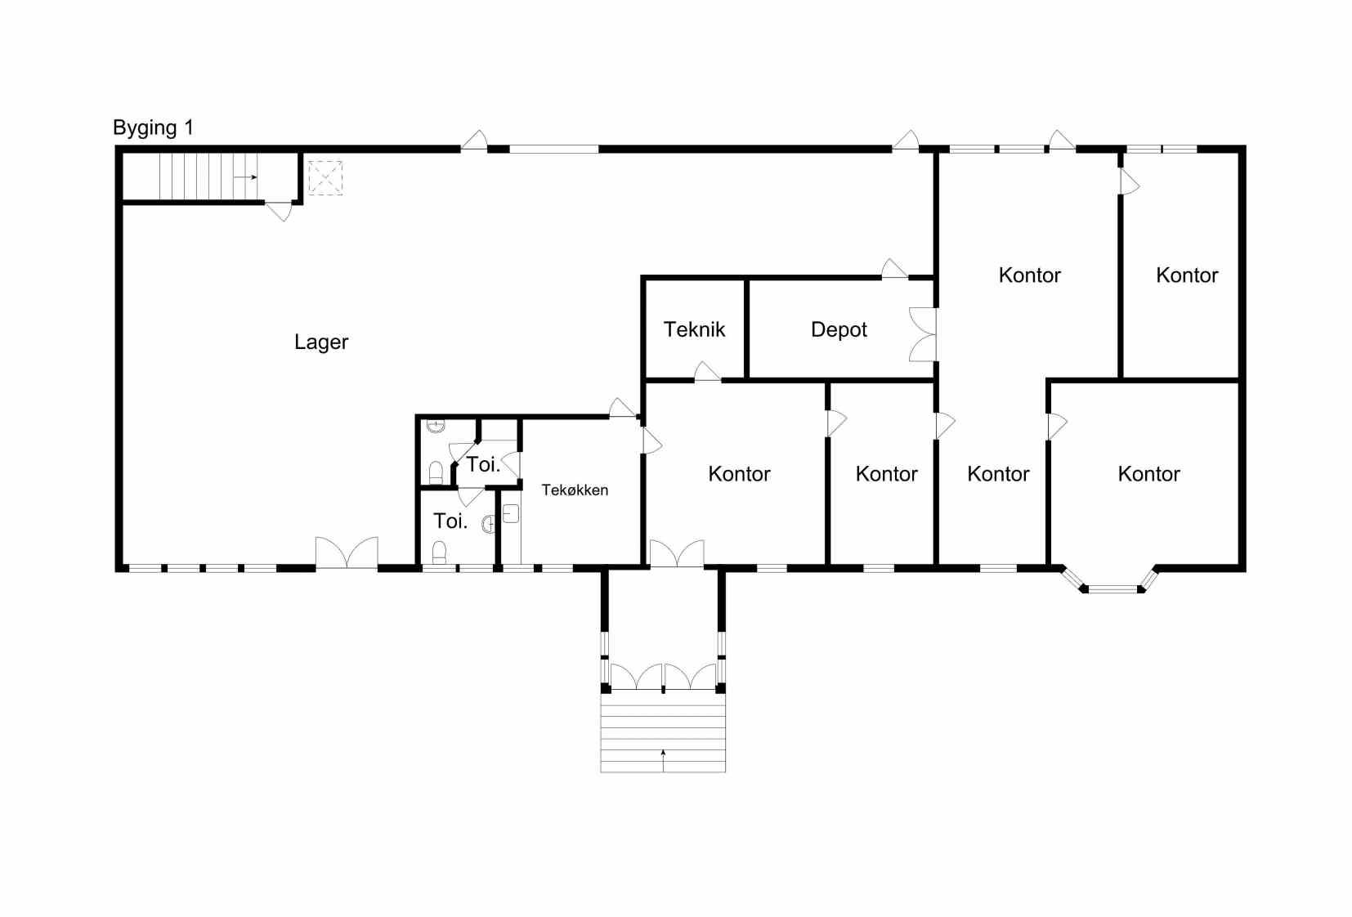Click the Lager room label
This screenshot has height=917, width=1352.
point(321,342)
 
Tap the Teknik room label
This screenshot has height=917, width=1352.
point(694,329)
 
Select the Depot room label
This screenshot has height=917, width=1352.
point(839,329)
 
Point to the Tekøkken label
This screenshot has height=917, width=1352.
point(575,490)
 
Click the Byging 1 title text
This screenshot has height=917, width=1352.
point(154,127)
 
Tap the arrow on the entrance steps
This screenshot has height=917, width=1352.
point(663,760)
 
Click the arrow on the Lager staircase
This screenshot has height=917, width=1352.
point(246,177)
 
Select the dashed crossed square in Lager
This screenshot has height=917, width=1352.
point(325,177)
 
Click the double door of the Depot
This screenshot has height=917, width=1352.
point(922,335)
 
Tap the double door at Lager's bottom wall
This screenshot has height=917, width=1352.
point(347,552)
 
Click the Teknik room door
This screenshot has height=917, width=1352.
point(707,372)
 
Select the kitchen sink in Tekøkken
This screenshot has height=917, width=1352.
point(511,513)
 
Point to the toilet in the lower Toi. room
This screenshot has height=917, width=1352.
point(440,552)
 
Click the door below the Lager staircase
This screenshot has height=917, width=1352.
point(279,211)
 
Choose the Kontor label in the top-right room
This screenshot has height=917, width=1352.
point(1187,275)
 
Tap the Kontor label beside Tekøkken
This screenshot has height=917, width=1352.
point(739,474)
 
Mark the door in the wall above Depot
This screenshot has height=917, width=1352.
point(894,269)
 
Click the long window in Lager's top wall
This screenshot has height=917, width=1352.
point(554,149)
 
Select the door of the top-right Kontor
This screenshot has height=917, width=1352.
point(1130,181)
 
